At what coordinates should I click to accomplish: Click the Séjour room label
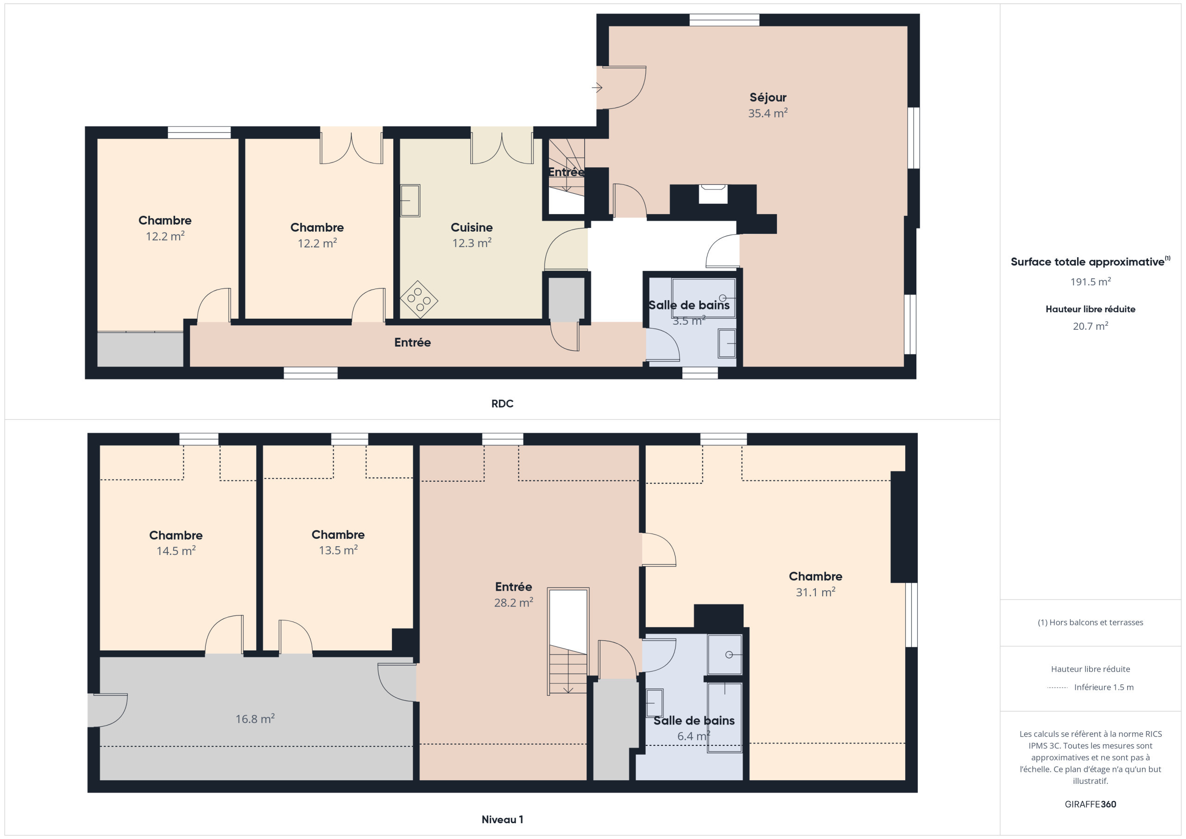(768, 97)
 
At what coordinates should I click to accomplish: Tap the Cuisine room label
(472, 227)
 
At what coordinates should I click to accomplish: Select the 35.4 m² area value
(768, 113)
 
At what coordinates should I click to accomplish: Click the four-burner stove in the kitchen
(419, 300)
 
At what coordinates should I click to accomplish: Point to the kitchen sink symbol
(410, 201)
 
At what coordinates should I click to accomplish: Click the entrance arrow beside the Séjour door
(597, 88)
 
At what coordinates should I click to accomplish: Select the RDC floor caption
(502, 404)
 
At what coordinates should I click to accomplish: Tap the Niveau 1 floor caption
(502, 820)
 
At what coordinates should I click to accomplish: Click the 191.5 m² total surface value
(1091, 282)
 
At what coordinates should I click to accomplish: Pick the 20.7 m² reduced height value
(1091, 326)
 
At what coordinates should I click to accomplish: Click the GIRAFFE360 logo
(1091, 804)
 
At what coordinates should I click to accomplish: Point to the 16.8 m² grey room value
(255, 719)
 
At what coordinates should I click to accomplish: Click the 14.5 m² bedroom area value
(176, 551)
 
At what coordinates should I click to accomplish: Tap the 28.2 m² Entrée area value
(513, 602)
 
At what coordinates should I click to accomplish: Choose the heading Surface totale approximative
(1087, 261)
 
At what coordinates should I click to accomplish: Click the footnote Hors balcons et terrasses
(1091, 622)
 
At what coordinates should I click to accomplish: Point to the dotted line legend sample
(1057, 688)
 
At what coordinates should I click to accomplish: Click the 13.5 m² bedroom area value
(338, 550)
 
